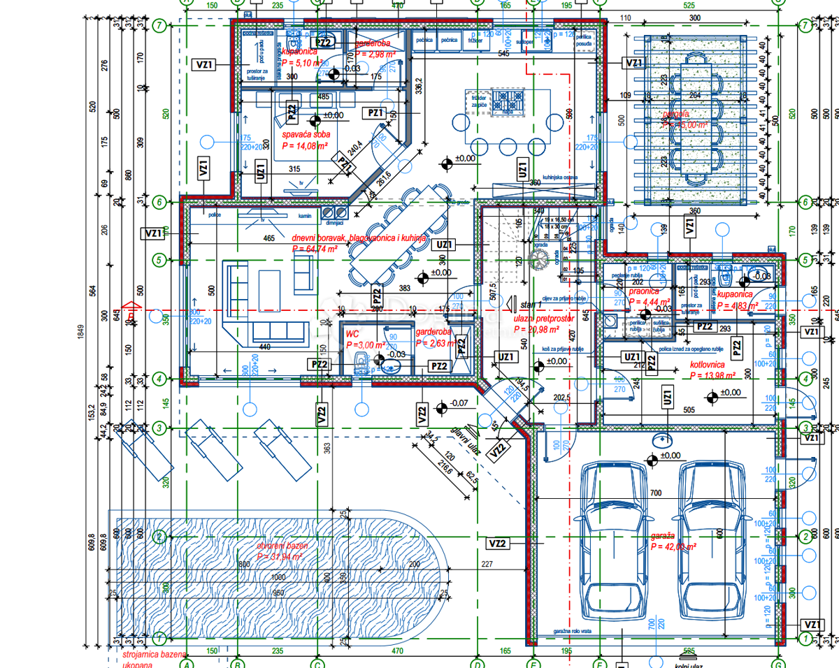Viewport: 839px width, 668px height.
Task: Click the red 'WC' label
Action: pyautogui.click(x=353, y=335)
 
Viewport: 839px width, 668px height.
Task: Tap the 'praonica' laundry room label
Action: pyautogui.click(x=644, y=291)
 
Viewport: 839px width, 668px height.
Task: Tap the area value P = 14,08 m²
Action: pyautogui.click(x=305, y=146)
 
